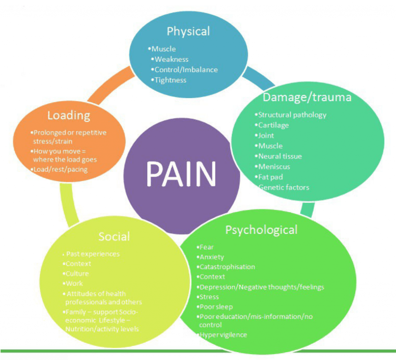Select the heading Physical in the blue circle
tap(188, 31)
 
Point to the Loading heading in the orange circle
tap(68, 115)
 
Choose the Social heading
tap(114, 236)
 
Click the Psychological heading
tap(261, 230)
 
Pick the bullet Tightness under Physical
tap(170, 80)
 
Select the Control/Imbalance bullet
tap(186, 70)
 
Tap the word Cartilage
tap(273, 125)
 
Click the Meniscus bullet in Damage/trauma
tap(274, 167)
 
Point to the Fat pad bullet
tap(270, 177)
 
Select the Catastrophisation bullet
tap(227, 267)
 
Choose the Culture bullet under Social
tap(77, 273)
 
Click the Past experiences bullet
tap(93, 254)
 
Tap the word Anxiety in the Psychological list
tap(212, 257)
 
